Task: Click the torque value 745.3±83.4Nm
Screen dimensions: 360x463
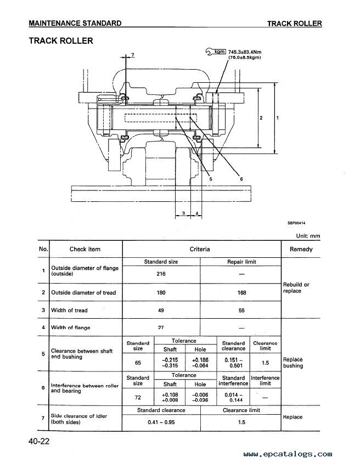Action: coord(245,52)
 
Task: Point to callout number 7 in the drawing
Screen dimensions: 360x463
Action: coord(133,55)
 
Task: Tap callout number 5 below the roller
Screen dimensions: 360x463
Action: coord(211,179)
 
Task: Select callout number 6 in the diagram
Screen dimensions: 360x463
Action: coord(241,179)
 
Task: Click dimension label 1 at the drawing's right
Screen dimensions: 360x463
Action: coord(277,118)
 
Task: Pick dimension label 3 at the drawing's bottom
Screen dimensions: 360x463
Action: coord(183,213)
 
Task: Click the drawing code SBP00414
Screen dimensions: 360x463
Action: coord(296,223)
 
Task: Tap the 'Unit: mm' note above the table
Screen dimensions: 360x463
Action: coord(308,236)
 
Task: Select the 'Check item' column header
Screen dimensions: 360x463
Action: coord(85,249)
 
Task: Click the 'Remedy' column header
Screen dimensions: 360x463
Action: coord(301,249)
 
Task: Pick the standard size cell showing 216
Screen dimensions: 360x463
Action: coord(161,274)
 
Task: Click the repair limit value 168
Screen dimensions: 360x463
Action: coord(241,292)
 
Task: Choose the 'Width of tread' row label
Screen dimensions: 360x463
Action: coord(69,310)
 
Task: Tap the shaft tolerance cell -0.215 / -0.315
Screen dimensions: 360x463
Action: coord(170,363)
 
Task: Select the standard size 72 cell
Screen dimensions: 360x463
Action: coord(138,398)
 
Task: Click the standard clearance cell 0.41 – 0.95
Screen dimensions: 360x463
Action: coord(161,422)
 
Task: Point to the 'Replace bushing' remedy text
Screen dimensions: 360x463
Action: coord(293,363)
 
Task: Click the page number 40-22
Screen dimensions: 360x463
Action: coord(40,442)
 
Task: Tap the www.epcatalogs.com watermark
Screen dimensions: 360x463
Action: coord(288,454)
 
